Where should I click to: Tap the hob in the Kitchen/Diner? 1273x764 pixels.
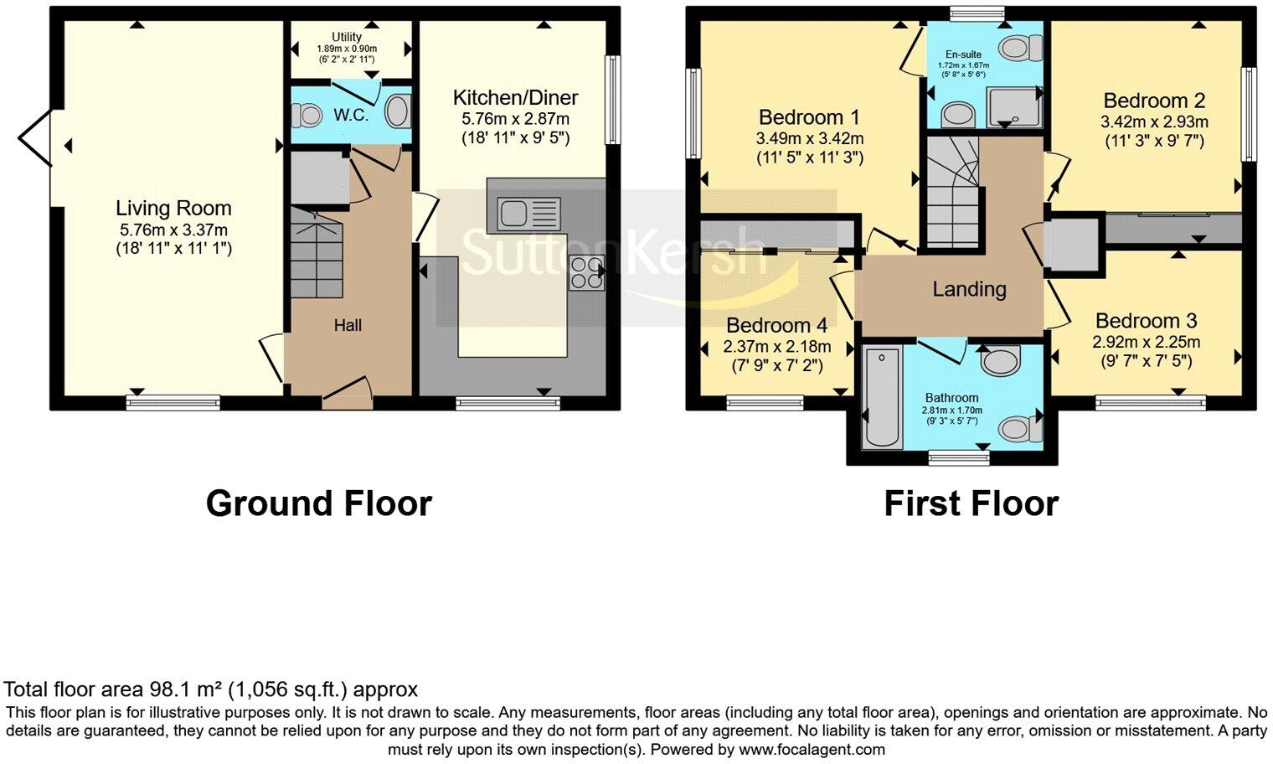point(587,272)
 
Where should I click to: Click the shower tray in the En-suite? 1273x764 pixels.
point(1016,106)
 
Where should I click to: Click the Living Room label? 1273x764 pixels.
point(173,209)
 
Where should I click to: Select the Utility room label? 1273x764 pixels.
point(347,37)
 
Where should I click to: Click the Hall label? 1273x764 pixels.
point(348,325)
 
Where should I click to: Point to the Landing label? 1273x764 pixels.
point(969,289)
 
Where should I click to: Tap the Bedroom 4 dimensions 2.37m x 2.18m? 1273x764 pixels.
point(765,347)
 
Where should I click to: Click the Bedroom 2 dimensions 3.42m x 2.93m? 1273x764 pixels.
point(1154,121)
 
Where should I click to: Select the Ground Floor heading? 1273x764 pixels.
point(318,503)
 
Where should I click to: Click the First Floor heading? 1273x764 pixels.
point(971,503)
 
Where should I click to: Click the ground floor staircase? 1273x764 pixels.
point(317,256)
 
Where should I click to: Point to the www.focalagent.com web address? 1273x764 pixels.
point(812,749)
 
